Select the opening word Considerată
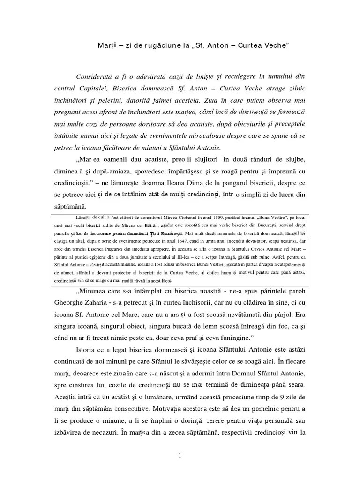coord(98,76)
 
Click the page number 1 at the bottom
coord(179,455)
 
